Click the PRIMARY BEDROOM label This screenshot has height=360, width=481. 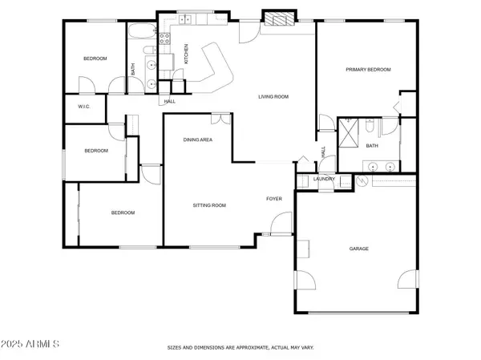click(x=368, y=70)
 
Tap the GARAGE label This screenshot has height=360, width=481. click(x=358, y=249)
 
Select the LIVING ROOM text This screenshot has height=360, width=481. click(x=273, y=97)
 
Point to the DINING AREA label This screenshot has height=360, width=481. click(x=197, y=140)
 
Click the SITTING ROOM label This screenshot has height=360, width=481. click(x=209, y=205)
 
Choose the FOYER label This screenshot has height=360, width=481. click(x=274, y=199)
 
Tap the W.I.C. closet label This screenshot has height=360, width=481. click(x=83, y=107)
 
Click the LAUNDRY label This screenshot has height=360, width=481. click(x=324, y=179)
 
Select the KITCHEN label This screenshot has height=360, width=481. click(x=186, y=54)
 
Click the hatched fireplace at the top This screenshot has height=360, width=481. click(x=279, y=18)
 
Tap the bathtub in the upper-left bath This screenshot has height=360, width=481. click(x=142, y=31)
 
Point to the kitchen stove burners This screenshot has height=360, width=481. click(x=164, y=38)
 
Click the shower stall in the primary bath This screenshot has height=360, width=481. click(x=348, y=133)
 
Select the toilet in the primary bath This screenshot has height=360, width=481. click(x=370, y=126)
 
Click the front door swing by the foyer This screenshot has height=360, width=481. click(x=281, y=224)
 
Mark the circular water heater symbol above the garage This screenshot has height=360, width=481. click(x=362, y=180)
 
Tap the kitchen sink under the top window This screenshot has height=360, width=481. click(x=185, y=19)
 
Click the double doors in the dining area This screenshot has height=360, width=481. click(x=221, y=119)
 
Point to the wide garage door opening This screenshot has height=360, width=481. click(x=358, y=313)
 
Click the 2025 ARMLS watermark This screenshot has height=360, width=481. click(x=30, y=344)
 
